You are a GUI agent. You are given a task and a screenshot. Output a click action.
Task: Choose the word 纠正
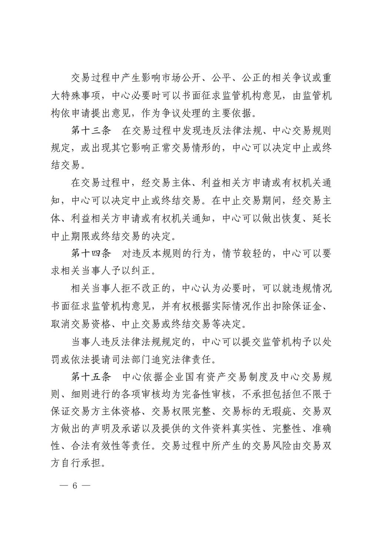[141, 271]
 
